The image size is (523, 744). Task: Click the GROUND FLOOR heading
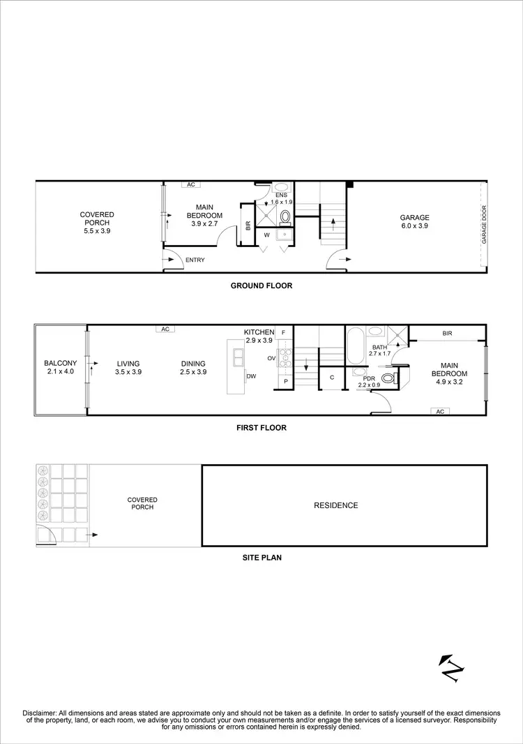261,285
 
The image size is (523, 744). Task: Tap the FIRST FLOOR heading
261,428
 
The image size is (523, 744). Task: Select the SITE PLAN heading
261,558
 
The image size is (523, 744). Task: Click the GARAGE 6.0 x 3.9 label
414,222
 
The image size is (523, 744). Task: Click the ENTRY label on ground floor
195,260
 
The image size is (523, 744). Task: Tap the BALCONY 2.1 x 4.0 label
59,368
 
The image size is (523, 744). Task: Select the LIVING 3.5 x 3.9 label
128,368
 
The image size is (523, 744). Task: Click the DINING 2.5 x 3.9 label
193,368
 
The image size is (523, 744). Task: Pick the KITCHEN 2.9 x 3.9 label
260,336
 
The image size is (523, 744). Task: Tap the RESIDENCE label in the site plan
335,505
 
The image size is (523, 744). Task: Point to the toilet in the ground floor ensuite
285,217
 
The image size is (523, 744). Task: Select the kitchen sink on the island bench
238,357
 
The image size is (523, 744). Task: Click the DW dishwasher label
250,376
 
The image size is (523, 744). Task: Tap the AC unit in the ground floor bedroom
190,185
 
